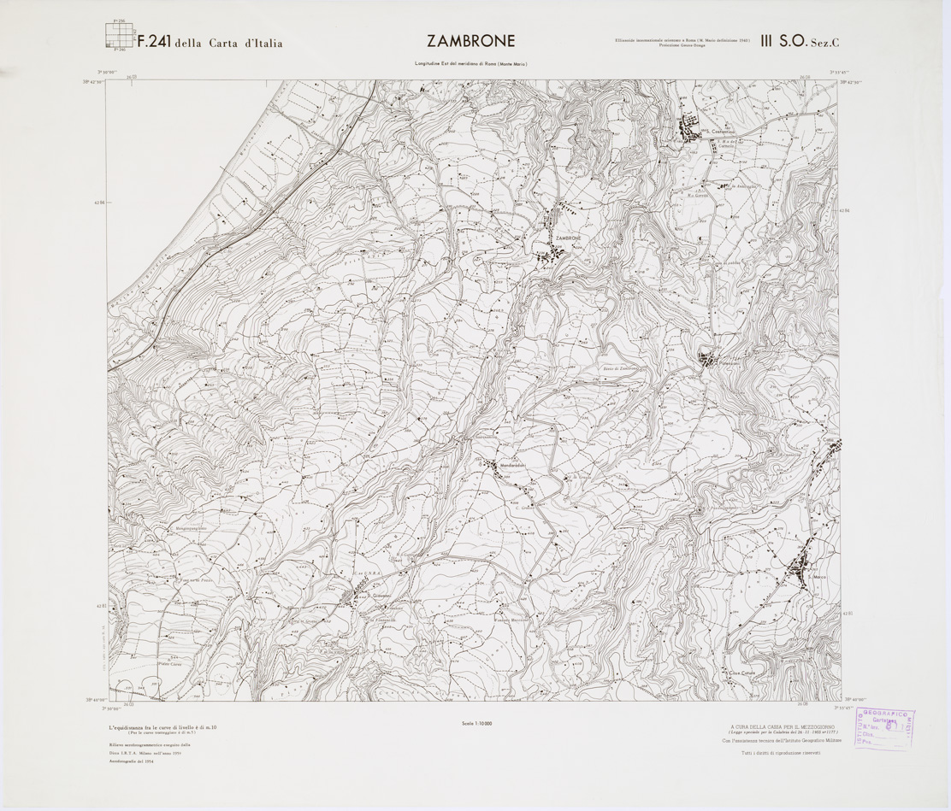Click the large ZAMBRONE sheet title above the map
coord(471,41)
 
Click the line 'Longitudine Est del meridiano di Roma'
coord(470,65)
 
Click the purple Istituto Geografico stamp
coord(880,732)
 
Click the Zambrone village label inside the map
coord(568,238)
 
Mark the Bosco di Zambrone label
coord(615,368)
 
